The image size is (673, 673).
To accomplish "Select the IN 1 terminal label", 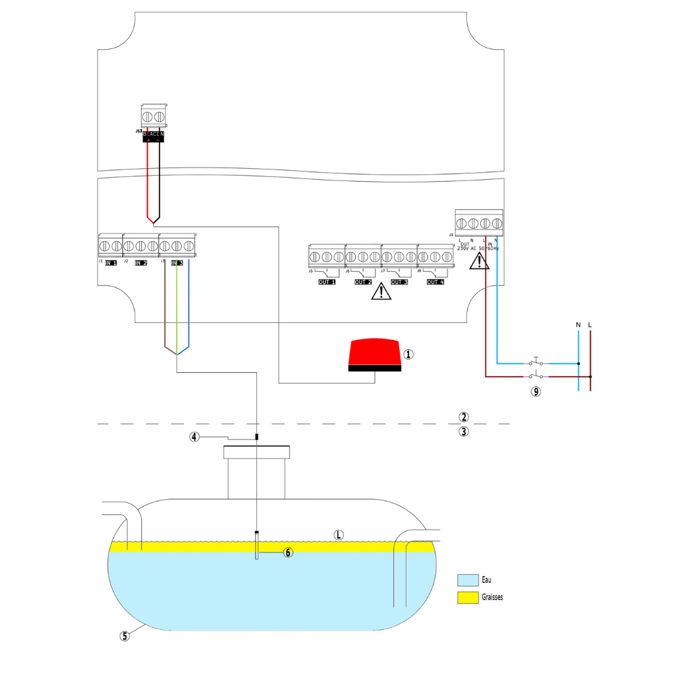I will tap(110, 262).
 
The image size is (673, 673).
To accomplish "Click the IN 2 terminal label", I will tap(141, 262).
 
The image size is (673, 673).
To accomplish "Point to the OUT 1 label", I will tap(327, 282).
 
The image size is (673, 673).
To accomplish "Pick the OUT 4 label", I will tap(435, 282).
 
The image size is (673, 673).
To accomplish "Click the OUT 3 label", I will tap(399, 282).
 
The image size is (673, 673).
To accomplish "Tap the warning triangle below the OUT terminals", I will tap(382, 291).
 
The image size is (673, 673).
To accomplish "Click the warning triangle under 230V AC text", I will tap(479, 260).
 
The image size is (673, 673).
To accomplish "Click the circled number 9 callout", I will tap(536, 392).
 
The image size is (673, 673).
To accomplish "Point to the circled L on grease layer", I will tap(339, 535).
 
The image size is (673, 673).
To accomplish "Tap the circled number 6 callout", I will tap(288, 553).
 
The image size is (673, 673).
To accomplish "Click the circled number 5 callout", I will tap(125, 636).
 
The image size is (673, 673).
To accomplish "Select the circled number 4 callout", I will tap(194, 437).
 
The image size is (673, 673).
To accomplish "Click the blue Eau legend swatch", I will tap(467, 579).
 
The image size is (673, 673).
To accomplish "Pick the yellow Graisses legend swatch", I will tap(467, 597).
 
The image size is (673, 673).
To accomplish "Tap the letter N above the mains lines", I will tap(578, 325).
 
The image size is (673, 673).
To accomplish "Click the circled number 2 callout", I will tap(463, 417).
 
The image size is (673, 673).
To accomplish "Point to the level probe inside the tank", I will tap(256, 545).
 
